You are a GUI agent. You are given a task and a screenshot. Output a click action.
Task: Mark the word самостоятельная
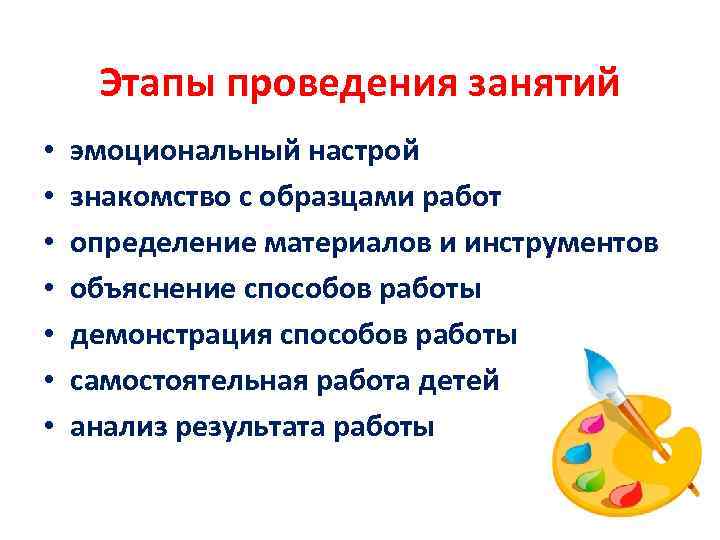186,382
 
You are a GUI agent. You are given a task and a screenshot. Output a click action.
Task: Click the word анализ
117,428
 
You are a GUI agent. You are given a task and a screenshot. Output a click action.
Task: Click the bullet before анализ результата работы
48,429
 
